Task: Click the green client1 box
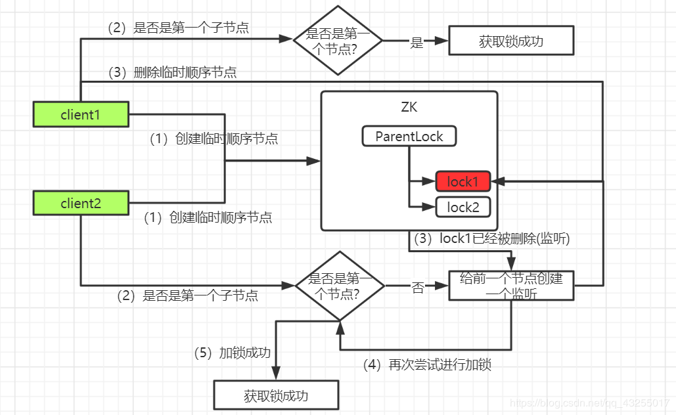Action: pos(80,114)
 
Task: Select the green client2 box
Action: pos(80,203)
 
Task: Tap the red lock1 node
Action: pos(462,181)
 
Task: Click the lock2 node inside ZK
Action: pos(462,207)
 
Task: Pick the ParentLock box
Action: pos(409,137)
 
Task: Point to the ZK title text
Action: pos(409,107)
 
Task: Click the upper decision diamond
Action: pos(338,40)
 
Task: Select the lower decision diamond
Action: pos(340,286)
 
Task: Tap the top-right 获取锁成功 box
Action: pos(511,41)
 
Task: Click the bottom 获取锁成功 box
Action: pos(276,396)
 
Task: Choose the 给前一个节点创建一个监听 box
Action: pos(511,286)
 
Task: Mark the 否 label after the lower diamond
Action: pos(417,288)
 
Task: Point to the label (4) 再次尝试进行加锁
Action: pos(427,365)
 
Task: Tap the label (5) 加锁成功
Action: pos(233,353)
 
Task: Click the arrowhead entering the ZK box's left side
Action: pos(316,160)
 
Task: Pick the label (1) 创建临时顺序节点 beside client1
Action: pos(214,139)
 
